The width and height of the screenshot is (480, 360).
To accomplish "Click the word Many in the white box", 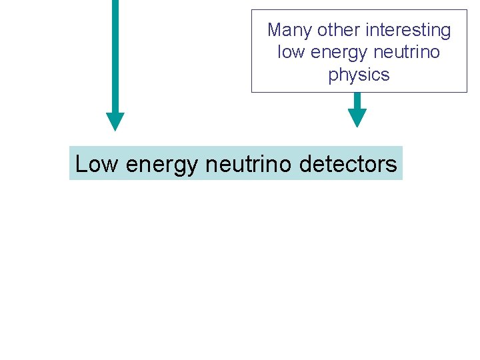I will click(290, 31).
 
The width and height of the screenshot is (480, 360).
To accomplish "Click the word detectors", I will click(347, 164).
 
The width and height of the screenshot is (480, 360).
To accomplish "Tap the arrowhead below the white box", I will click(357, 118).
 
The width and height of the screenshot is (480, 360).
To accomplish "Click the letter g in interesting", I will click(445, 32).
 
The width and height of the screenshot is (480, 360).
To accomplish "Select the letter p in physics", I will click(333, 76).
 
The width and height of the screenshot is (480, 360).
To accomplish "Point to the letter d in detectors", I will click(306, 164).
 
